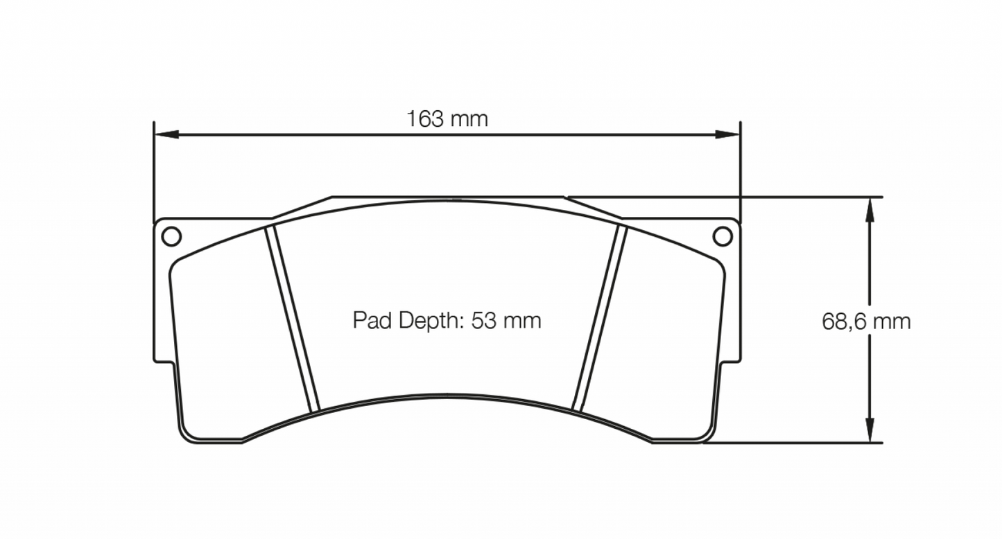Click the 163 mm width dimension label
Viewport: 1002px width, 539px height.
[447, 119]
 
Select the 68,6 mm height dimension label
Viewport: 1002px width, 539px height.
[865, 321]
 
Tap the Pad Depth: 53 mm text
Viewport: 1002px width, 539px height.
[447, 321]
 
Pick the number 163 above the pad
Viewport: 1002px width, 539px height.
[425, 119]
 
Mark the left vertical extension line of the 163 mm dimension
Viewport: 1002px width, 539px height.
[153, 173]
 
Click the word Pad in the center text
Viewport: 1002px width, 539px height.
[368, 321]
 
